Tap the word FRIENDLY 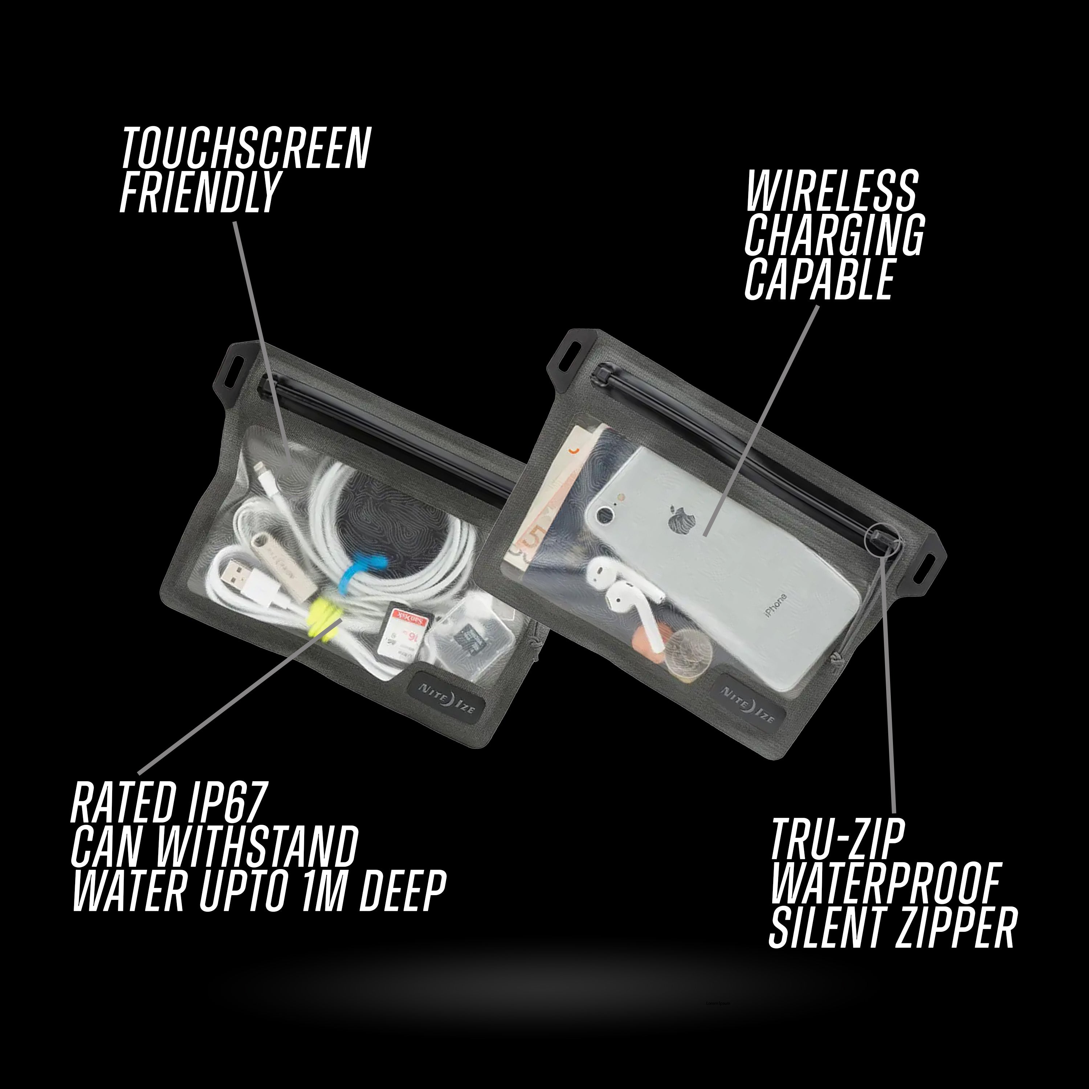point(199,192)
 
